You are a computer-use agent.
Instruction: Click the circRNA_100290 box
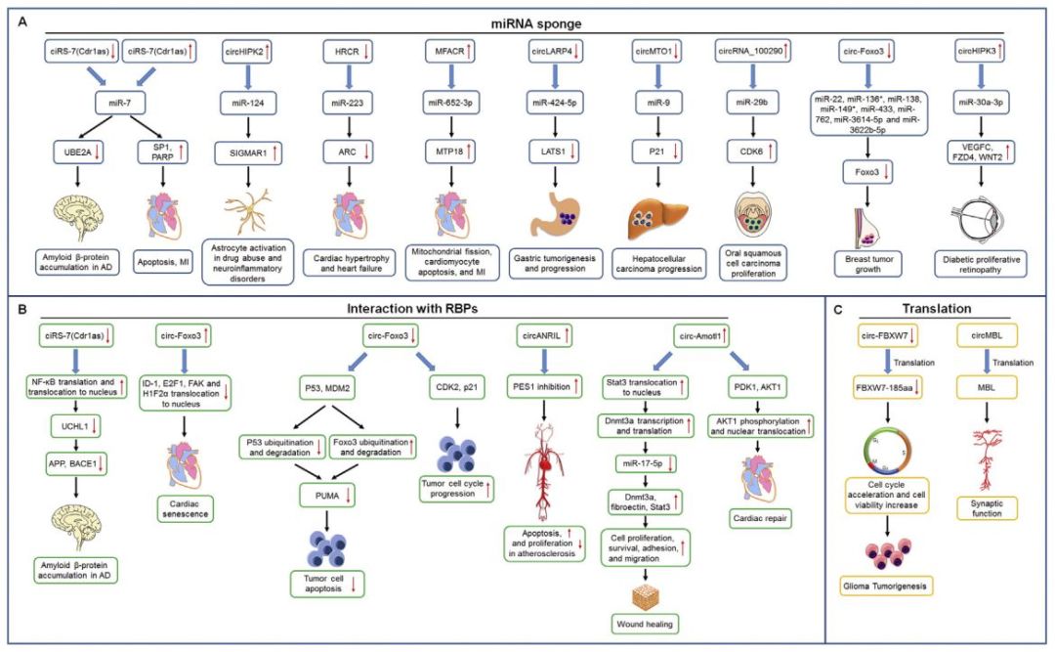750,51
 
